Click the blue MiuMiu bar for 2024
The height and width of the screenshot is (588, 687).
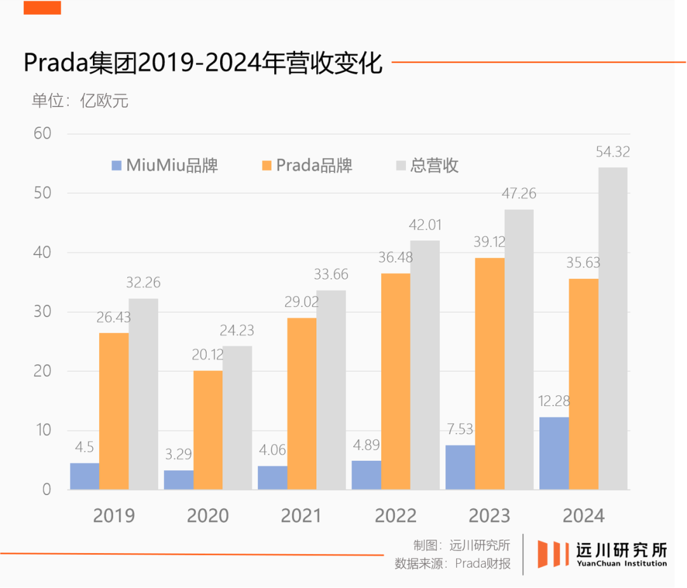point(554,453)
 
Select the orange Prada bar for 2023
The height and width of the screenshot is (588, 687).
point(489,374)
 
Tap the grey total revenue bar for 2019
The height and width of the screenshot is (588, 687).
point(143,394)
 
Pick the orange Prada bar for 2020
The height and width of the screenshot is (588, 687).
point(208,430)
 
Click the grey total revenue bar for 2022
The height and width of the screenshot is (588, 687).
point(425,365)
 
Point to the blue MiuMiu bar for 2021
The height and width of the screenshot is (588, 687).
point(272,477)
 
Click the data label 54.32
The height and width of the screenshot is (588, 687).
point(613,152)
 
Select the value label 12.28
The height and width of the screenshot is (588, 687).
point(554,401)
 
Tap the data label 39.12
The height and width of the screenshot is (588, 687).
point(489,242)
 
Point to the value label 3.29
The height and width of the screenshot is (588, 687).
point(179,454)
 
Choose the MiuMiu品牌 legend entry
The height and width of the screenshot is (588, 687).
point(165,165)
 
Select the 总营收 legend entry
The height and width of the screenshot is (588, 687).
point(427,165)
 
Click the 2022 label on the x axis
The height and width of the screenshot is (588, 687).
point(396,515)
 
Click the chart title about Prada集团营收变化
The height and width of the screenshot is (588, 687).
point(203,63)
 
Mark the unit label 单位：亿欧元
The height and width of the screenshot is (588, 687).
point(80,101)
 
